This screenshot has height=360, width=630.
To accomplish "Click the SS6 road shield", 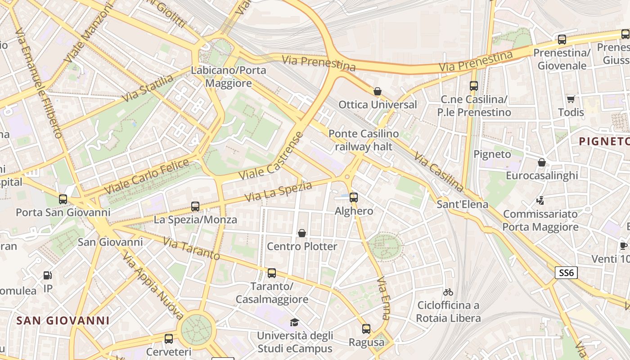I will (566, 272).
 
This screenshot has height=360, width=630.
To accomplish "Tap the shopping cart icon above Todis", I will (571, 99).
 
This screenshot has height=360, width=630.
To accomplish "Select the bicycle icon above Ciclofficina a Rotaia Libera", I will (448, 292).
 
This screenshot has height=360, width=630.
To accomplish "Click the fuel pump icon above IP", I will (47, 275).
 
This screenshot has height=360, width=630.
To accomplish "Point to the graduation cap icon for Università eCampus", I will (294, 322).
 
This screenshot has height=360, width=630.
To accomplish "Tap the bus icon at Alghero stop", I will (354, 197).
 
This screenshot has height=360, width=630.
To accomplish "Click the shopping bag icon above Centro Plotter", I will (302, 233).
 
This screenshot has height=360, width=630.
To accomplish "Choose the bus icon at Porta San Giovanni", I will (63, 199).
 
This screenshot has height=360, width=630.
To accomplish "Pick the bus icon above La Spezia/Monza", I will (195, 207).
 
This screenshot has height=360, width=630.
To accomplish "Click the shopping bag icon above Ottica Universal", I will (378, 91).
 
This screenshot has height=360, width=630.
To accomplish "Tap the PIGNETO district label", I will (604, 141).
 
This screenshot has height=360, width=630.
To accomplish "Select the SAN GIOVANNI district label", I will (63, 320).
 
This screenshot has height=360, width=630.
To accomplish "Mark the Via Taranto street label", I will (191, 249).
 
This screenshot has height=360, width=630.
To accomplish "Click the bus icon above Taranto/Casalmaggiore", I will (271, 273).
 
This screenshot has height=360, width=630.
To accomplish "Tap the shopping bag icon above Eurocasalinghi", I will (542, 162).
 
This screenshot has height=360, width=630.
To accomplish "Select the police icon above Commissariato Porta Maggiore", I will (540, 201).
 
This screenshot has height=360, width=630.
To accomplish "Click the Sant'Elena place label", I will (462, 204).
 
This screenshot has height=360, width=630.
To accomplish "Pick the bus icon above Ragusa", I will (366, 329).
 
